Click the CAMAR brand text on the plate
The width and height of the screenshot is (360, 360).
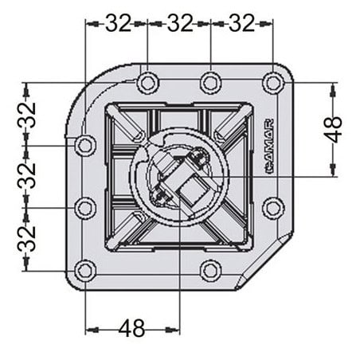(270, 147)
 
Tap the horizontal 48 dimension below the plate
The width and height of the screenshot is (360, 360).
(131, 328)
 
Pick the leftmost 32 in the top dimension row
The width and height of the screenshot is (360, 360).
(118, 23)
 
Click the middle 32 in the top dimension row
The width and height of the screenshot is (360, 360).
(180, 23)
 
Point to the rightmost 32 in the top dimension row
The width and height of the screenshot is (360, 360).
(241, 23)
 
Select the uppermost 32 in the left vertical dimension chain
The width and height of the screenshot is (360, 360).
(26, 115)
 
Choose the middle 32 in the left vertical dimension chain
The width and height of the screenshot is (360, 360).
(26, 176)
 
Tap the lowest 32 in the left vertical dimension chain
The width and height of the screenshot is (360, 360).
(26, 238)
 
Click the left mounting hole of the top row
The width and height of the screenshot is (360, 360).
(147, 83)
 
